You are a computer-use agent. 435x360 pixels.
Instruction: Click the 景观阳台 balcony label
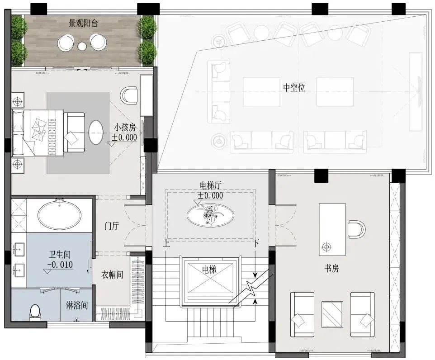click(x=83, y=24)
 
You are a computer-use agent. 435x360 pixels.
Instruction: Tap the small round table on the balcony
click(x=82, y=46)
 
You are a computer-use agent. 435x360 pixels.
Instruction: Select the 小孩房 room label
click(x=125, y=128)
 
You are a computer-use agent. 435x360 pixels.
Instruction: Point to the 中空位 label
click(x=294, y=88)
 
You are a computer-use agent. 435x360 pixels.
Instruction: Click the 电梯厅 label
click(x=211, y=185)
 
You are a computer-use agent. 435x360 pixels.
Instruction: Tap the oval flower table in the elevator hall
click(x=210, y=215)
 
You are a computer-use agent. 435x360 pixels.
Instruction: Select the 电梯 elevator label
click(x=209, y=269)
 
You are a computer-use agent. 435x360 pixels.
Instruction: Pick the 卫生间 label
click(x=60, y=254)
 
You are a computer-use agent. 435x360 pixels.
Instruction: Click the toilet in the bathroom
click(x=34, y=312)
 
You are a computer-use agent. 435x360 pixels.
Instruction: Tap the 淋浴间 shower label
click(x=77, y=306)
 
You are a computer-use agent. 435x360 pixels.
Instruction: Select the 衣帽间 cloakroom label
click(x=112, y=275)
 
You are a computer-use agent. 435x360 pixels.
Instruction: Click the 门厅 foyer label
click(x=112, y=226)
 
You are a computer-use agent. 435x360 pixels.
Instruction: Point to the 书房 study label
click(x=331, y=268)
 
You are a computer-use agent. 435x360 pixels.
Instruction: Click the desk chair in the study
click(x=357, y=229)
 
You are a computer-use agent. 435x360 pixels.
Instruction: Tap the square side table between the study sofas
click(x=332, y=314)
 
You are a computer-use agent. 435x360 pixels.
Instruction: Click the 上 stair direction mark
click(x=166, y=244)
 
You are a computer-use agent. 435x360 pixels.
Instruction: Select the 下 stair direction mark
click(x=256, y=244)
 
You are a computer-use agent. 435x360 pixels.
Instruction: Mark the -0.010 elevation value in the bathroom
click(x=60, y=265)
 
